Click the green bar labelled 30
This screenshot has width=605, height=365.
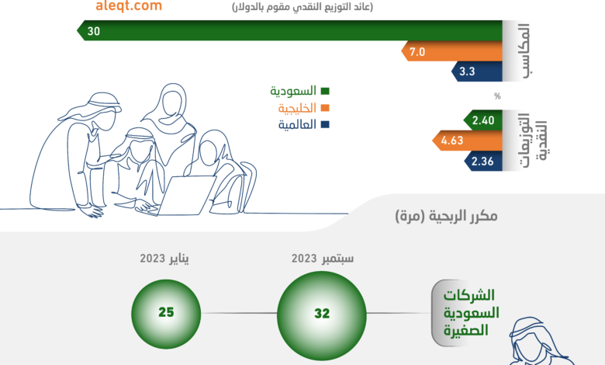coord(289,30)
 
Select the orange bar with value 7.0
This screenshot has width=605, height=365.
coord(452,51)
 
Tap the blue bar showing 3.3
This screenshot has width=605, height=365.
coord(477,71)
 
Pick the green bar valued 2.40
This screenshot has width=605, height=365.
coord(482,120)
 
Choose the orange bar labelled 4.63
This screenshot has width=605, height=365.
coord(467,141)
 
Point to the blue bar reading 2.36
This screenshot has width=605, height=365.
coord(483,161)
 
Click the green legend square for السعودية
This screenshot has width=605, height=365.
coord(325,91)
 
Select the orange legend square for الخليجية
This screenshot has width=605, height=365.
coord(325,108)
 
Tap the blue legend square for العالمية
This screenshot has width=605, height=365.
coord(325,124)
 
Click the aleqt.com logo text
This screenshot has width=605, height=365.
coord(129,5)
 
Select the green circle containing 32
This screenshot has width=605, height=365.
coord(322,313)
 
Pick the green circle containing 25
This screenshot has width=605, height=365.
coord(166,313)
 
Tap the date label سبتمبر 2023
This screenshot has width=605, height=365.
coord(323,258)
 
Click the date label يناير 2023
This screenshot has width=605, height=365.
coord(164,258)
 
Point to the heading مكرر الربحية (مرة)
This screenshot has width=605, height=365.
coord(447,216)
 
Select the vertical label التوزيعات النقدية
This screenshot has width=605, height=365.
coord(534,141)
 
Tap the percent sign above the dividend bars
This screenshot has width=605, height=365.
coord(497,96)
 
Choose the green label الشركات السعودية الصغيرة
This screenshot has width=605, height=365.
coord(471,313)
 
